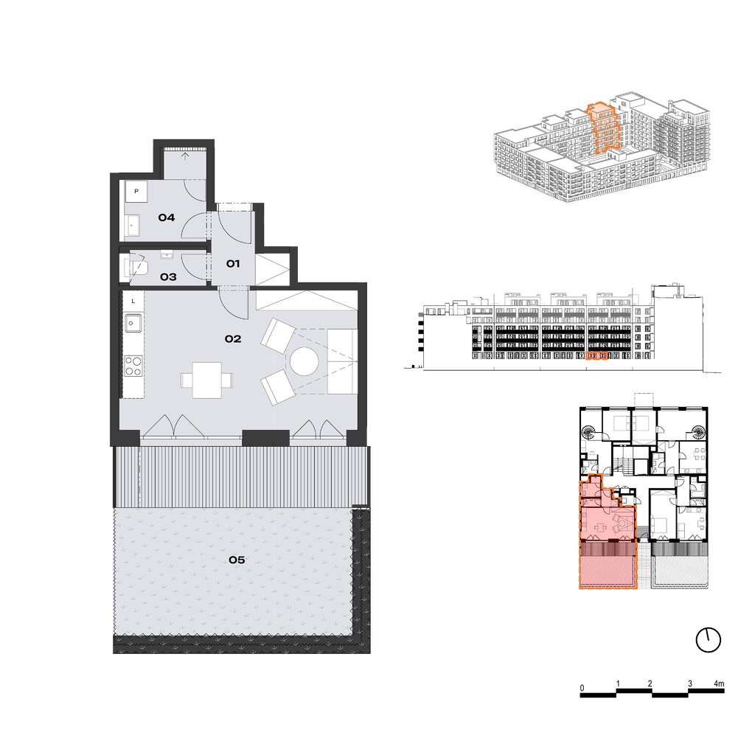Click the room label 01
(x=233, y=263)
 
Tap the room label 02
(x=233, y=339)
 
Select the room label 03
(x=169, y=277)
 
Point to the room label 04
(x=167, y=218)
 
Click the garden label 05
(x=237, y=560)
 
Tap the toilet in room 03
(x=136, y=267)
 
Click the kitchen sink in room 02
(x=133, y=323)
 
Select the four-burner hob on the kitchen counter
(x=133, y=366)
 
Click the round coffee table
(x=305, y=361)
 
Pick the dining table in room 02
(x=207, y=380)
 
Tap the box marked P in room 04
(x=136, y=192)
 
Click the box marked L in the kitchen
(x=133, y=302)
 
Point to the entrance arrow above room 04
(x=185, y=156)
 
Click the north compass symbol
(x=709, y=641)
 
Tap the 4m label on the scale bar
(x=719, y=683)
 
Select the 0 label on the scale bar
(x=582, y=688)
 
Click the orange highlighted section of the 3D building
(x=603, y=128)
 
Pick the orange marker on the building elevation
(x=596, y=356)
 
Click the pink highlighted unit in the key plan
(x=608, y=532)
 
